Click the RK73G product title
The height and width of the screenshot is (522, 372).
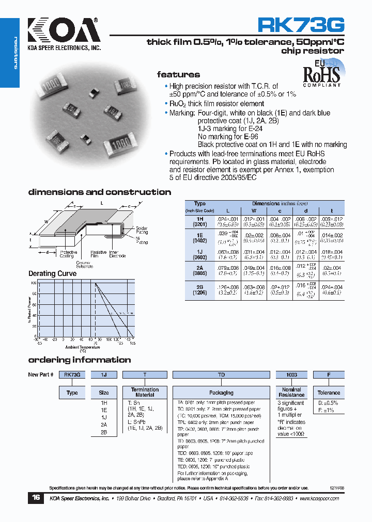[301, 26]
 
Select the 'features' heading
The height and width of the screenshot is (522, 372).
[178, 75]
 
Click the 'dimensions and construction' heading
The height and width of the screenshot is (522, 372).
[99, 192]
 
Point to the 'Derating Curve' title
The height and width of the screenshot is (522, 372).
[52, 273]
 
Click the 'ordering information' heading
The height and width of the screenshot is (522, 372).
[79, 360]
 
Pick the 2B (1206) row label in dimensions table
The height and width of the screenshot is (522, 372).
[199, 291]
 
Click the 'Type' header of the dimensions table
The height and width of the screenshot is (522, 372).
[199, 204]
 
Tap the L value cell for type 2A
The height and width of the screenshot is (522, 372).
[228, 271]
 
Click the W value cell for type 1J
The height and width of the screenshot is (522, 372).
[254, 254]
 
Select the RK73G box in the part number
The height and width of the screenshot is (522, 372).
[72, 375]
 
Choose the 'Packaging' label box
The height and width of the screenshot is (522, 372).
[221, 393]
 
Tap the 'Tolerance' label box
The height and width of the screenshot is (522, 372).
[329, 393]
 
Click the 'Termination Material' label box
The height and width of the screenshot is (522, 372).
[145, 392]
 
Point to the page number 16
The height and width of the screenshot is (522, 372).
[36, 498]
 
